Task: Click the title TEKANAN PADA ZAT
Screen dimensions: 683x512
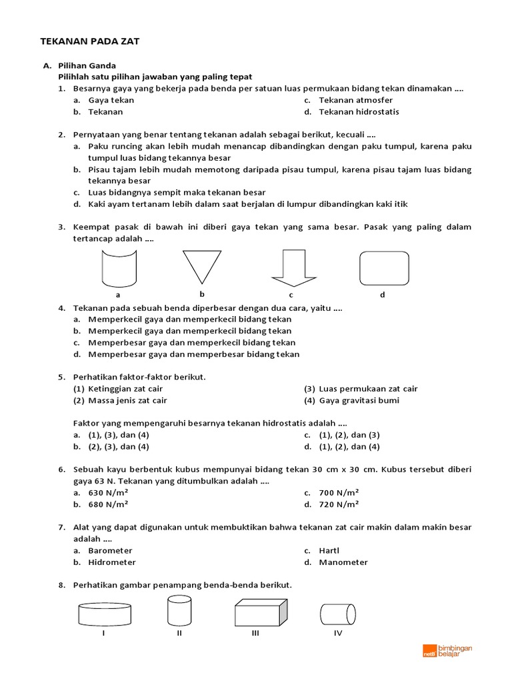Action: (x=90, y=41)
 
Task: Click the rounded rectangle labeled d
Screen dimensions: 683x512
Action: (x=384, y=267)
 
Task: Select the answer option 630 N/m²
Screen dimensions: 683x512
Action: (x=108, y=492)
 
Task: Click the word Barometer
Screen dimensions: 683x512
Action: (x=110, y=550)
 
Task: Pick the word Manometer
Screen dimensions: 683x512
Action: (x=343, y=562)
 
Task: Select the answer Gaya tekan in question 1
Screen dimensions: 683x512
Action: (x=111, y=100)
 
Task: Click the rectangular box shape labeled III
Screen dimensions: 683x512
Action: (x=261, y=612)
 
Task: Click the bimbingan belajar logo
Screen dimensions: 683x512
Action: (x=447, y=651)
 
